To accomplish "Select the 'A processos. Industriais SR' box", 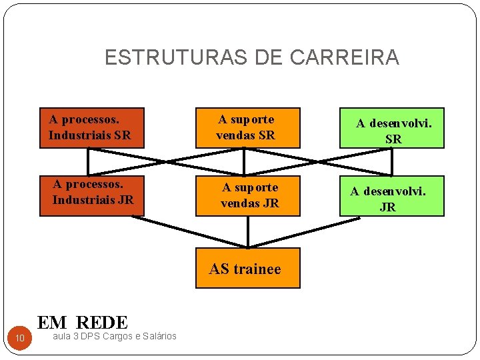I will point(91,127).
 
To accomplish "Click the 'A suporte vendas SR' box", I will point(247,127).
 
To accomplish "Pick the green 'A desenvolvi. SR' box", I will point(392,128).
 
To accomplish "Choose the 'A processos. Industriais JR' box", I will point(91,196).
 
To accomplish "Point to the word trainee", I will point(257,269).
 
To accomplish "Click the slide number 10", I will point(20,340).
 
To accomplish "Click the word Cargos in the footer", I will point(113,336).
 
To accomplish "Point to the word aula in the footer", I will point(61,336).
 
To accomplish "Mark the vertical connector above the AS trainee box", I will point(247,231).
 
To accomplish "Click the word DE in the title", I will point(270,58).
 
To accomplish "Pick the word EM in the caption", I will point(52,323).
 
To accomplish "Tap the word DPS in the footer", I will point(88,336).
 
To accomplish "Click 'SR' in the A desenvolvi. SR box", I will point(393,140).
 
